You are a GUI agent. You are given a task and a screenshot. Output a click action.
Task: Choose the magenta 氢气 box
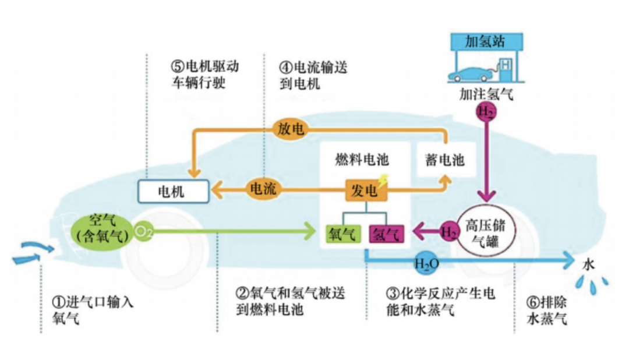[385, 233]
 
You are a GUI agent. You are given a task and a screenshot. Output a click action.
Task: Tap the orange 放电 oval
[291, 129]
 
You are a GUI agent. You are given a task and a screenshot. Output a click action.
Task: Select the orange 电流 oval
[263, 189]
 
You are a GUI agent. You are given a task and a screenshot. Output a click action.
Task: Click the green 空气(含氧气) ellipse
[103, 228]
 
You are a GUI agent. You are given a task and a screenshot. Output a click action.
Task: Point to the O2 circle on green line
[143, 232]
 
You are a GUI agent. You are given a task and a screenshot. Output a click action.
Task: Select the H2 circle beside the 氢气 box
[448, 232]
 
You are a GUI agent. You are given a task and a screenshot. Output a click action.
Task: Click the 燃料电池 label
[361, 159]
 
